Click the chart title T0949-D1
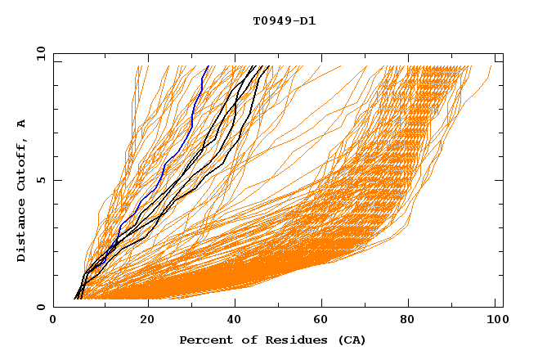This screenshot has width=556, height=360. click(284, 21)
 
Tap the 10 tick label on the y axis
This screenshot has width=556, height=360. click(39, 53)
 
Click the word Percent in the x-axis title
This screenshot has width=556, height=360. click(204, 340)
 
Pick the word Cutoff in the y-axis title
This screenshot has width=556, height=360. click(21, 164)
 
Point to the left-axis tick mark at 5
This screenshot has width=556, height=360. click(56, 180)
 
